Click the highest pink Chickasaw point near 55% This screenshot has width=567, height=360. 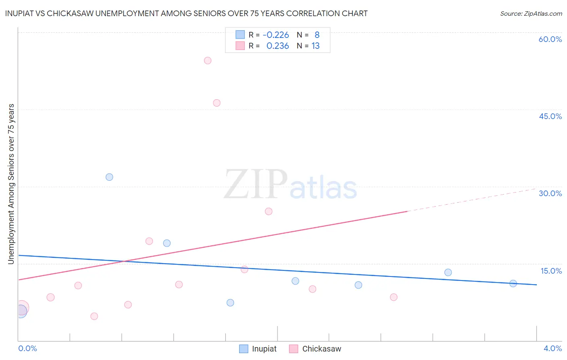(208, 61)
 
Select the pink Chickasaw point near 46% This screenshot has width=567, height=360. (217, 103)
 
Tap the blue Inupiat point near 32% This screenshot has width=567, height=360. (109, 177)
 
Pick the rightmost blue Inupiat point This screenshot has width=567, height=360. (513, 284)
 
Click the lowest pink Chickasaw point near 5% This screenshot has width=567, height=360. (94, 316)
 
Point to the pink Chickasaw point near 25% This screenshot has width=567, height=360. (269, 211)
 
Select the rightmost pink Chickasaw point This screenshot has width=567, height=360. (394, 297)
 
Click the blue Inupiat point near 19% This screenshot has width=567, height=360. (167, 243)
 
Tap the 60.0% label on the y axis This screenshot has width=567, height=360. (550, 40)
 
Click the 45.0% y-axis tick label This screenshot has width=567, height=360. (550, 116)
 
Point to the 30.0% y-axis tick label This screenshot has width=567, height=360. (550, 193)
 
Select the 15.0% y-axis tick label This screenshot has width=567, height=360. (551, 271)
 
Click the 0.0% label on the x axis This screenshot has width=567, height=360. (27, 348)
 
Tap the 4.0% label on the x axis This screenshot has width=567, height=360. (552, 348)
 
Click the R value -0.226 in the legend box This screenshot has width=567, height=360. (276, 35)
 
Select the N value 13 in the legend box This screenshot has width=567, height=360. (315, 46)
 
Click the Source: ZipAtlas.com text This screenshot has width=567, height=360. (531, 14)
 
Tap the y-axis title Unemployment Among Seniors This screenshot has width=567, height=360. (11, 184)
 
